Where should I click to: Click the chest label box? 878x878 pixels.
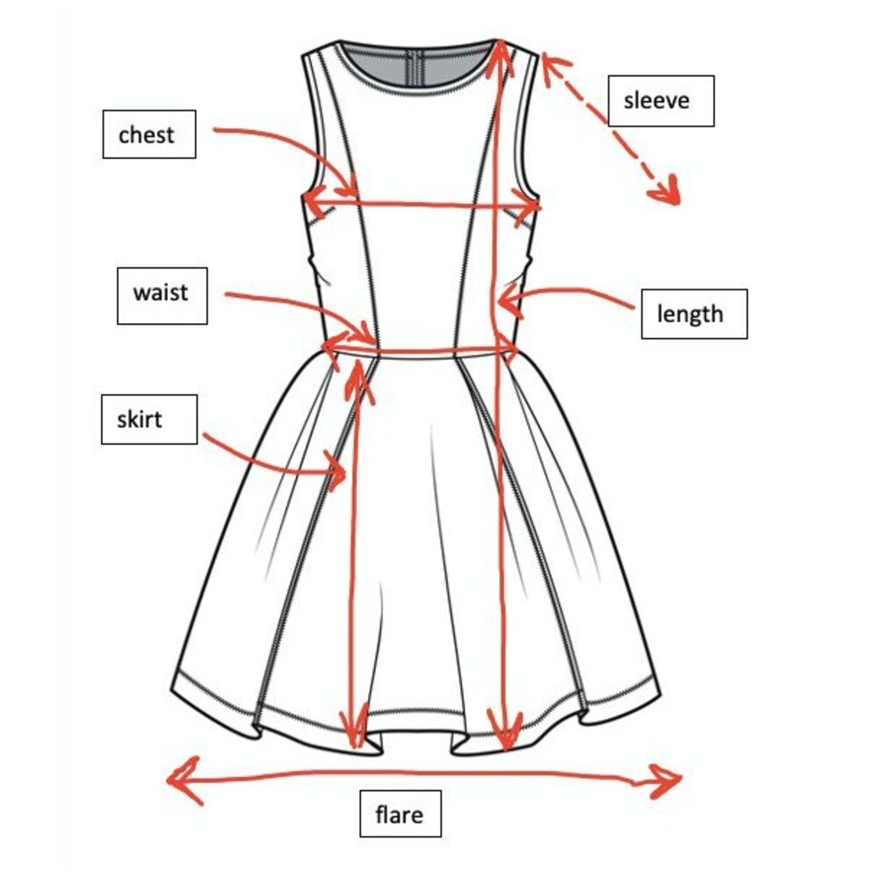tap(149, 134)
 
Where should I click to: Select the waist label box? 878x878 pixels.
tap(162, 296)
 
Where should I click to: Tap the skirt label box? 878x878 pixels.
tap(149, 420)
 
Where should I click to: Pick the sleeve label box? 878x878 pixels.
tap(661, 101)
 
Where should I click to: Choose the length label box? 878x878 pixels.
tap(694, 314)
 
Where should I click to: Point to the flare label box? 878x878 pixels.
tap(400, 814)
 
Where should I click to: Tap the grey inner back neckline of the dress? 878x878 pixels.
tap(414, 70)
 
